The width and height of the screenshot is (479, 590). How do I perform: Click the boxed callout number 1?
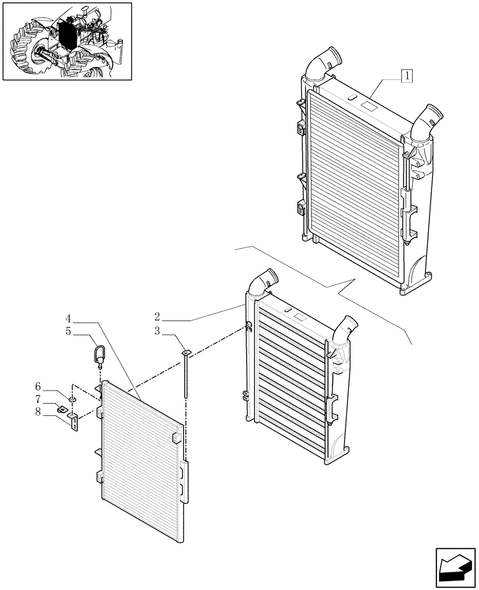tap(407, 75)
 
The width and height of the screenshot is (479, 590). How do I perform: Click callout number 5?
tap(69, 332)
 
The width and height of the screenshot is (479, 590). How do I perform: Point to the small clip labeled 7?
tap(62, 408)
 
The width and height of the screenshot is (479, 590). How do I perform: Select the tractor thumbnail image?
tap(67, 41)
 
